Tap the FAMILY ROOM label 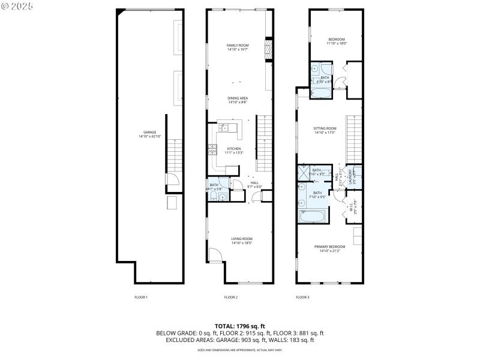coord(238,46)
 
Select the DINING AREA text coord(238,98)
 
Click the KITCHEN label coord(233,149)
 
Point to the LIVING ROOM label coord(242,239)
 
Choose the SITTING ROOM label coord(325,128)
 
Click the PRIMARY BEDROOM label coord(329,247)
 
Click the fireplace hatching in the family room coord(269,47)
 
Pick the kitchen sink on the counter coord(223,127)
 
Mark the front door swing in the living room coord(214,256)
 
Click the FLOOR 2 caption coord(231,297)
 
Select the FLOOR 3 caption coord(302,297)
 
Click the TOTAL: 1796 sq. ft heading coord(239,326)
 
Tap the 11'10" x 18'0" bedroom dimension coord(337,43)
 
